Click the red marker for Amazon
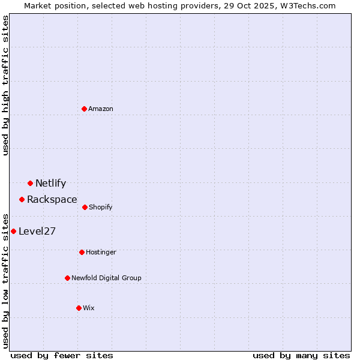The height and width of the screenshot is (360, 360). [x=84, y=109]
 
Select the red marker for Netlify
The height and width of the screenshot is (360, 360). [x=30, y=183]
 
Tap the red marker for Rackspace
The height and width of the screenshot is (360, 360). [x=22, y=199]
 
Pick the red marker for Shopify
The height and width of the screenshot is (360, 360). [x=85, y=207]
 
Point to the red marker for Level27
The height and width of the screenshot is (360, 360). [x=13, y=231]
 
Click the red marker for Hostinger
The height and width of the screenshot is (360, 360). [x=82, y=252]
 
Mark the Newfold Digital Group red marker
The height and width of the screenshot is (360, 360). [x=67, y=278]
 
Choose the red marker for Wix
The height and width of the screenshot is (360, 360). [x=79, y=308]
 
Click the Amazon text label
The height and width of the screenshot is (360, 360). [x=101, y=109]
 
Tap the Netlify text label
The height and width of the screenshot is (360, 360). [x=50, y=184]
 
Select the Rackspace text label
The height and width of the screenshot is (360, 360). [x=52, y=200]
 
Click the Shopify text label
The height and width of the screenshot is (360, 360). [x=101, y=208]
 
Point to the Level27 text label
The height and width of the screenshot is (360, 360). [x=37, y=232]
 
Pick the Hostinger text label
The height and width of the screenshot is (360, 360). [x=101, y=253]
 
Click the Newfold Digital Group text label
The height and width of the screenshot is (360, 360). [x=106, y=278]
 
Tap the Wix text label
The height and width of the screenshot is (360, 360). [x=89, y=308]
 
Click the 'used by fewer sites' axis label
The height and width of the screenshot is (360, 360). [x=62, y=355]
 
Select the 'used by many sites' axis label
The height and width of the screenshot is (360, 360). [x=301, y=355]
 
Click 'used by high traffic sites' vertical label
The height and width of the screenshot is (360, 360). [x=5, y=85]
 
